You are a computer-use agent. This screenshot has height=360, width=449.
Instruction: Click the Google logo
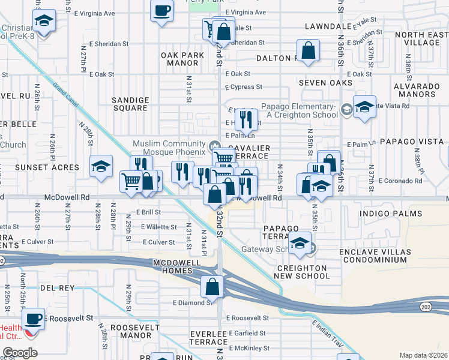[x=20, y=353]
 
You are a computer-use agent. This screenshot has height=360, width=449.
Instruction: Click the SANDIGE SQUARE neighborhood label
[x=130, y=104]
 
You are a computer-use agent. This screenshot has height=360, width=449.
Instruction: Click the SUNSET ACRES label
[x=47, y=167]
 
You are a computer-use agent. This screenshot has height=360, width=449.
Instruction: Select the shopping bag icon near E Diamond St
[x=212, y=287]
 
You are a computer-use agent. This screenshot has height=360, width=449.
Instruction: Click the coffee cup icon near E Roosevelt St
[x=34, y=317]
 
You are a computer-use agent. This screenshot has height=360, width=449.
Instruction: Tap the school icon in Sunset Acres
[x=101, y=166]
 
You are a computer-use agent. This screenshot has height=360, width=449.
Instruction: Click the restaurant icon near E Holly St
[x=246, y=119]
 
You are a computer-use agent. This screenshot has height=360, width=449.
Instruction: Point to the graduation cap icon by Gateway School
[x=299, y=243]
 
